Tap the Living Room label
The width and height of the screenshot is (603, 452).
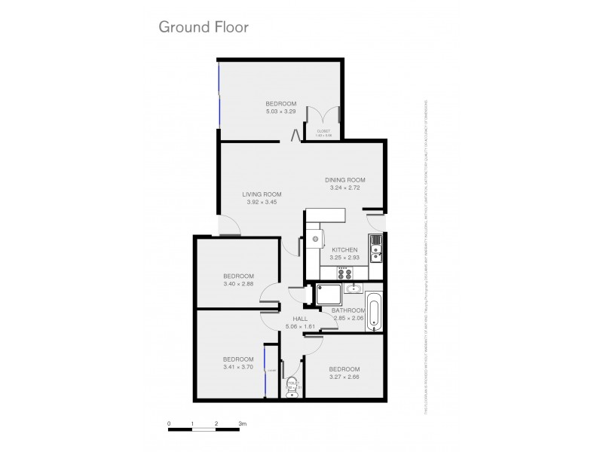point(262,195)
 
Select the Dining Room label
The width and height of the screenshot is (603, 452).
point(345,179)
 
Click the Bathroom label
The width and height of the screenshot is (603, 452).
point(349,310)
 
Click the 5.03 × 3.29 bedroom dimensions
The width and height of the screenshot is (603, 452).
point(280,111)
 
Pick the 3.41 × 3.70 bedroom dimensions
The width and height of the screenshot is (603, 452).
point(238,367)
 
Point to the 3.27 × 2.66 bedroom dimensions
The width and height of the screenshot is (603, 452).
point(344,375)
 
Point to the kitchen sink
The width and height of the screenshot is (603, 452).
point(375,246)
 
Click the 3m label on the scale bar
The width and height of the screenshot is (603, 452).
point(242,423)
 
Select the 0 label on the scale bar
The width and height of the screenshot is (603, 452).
point(170,423)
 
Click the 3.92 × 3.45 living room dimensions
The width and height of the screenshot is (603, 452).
point(262,203)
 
